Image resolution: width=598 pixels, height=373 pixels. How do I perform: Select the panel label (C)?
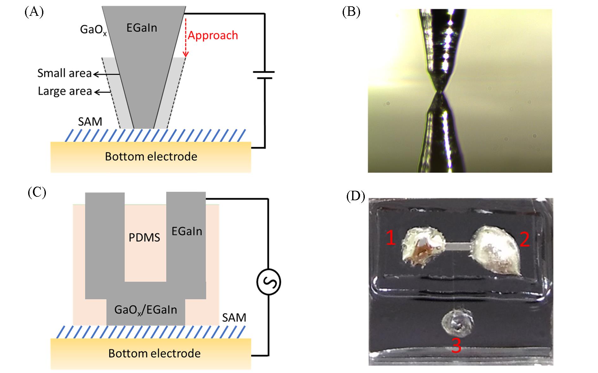coord(37,192)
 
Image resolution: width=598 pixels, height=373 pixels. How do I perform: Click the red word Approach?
coord(213,35)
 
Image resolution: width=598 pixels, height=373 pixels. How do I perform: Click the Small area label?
coord(65,73)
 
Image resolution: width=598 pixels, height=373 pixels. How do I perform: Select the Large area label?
coord(65,91)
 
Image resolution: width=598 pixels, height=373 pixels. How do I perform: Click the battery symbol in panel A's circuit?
coord(264,75)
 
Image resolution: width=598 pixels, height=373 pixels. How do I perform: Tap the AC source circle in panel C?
coord(269,282)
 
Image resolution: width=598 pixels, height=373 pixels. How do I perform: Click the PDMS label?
coord(144,238)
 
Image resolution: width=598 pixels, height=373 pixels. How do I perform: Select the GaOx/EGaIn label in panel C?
coord(146,310)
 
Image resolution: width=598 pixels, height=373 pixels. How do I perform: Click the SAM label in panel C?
coord(234,317)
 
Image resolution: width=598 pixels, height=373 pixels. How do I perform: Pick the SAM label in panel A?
coord(90,122)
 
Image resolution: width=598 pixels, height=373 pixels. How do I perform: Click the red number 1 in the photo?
coord(391,238)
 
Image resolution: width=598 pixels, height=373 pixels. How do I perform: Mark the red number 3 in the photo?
coord(456,346)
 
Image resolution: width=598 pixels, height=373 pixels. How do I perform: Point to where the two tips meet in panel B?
coord(439,92)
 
